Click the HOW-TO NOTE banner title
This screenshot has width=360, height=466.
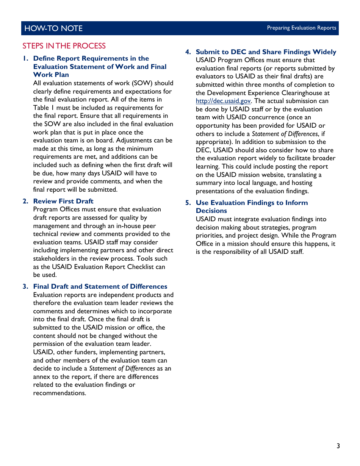(53, 28)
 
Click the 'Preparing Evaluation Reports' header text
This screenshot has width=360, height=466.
(301, 28)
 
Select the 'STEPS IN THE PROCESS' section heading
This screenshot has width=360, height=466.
(64, 46)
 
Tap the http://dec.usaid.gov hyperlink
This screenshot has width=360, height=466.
(223, 101)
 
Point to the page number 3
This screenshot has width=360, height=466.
(338, 446)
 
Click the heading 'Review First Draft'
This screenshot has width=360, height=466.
(63, 201)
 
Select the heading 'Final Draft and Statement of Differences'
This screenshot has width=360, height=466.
(100, 286)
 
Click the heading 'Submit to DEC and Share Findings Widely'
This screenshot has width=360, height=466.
(266, 52)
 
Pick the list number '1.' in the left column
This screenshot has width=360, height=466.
(25, 58)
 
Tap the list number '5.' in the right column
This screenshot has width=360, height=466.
(188, 203)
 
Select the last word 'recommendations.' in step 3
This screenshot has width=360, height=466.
(59, 393)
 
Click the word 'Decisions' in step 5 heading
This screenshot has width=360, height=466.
(211, 211)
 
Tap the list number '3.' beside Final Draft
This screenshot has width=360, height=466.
(25, 286)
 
